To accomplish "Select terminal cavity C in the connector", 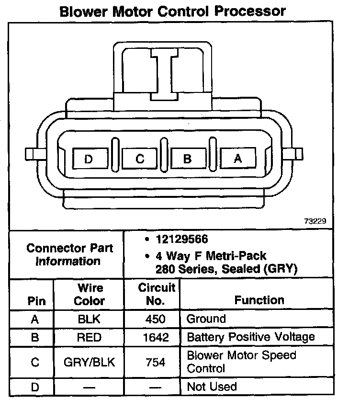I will pyautogui.click(x=139, y=158).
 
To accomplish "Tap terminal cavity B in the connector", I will pyautogui.click(x=188, y=158).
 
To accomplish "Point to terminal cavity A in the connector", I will pyautogui.click(x=238, y=158).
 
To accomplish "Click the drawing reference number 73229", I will pyautogui.click(x=315, y=221).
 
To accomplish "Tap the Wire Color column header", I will pyautogui.click(x=90, y=295).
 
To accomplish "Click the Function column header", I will pyautogui.click(x=259, y=300).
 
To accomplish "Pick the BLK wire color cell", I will pyautogui.click(x=90, y=319).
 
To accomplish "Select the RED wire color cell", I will pyautogui.click(x=90, y=337).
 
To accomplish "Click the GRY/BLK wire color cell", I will pyautogui.click(x=90, y=362).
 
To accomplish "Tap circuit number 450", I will pyautogui.click(x=156, y=319).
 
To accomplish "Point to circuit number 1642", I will pyautogui.click(x=156, y=337).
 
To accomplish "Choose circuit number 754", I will pyautogui.click(x=156, y=362).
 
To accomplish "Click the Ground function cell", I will pyautogui.click(x=206, y=319).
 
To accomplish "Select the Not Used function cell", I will pyautogui.click(x=212, y=387).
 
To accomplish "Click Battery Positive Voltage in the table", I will pyautogui.click(x=250, y=337).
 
